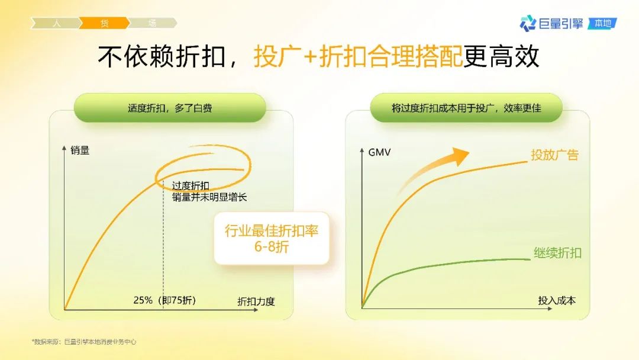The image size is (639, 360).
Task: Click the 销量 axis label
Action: [x=80, y=150]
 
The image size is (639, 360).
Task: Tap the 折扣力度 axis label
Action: [x=256, y=302]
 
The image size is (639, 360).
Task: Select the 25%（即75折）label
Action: [x=164, y=300]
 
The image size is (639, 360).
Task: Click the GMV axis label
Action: [x=379, y=153]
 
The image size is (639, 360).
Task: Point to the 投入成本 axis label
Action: [x=557, y=301]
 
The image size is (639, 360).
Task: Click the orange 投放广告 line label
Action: [x=554, y=155]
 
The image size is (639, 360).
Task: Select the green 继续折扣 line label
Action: [x=557, y=253]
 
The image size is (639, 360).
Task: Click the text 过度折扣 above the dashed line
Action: [x=191, y=186]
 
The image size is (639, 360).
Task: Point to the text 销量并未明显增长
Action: [x=209, y=197]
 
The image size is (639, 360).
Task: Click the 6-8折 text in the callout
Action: [x=272, y=247]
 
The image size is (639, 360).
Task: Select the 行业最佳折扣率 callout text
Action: [x=272, y=231]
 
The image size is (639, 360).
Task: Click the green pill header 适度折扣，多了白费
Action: [x=170, y=108]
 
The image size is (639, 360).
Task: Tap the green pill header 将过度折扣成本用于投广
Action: [x=466, y=108]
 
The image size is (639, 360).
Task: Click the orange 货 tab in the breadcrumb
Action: [x=104, y=23]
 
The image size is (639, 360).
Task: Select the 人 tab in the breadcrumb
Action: [x=56, y=23]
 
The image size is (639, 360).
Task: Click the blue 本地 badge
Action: [x=602, y=24]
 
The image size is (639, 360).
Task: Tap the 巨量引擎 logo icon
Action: [x=528, y=23]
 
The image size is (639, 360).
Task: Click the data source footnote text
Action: [x=84, y=342]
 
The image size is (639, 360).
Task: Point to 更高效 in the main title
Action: [x=502, y=56]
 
